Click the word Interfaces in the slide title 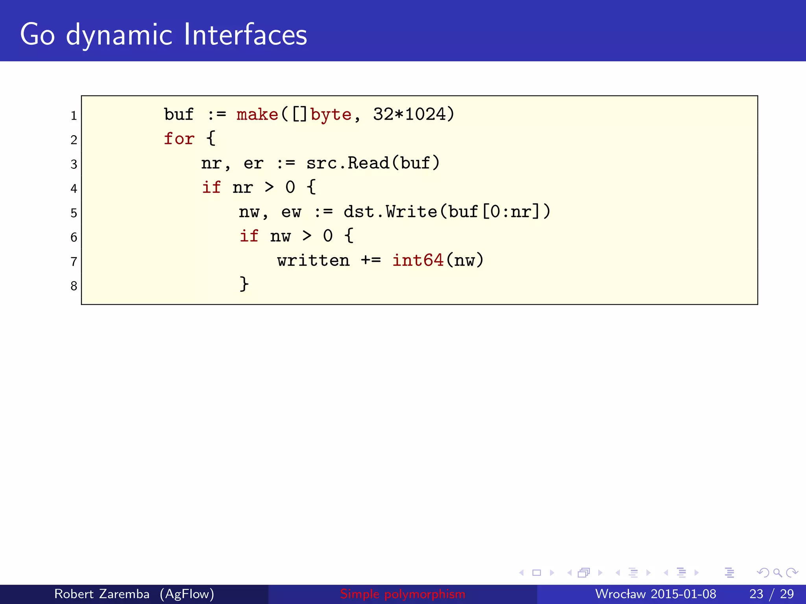pyautogui.click(x=246, y=35)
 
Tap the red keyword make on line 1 pyautogui.click(x=257, y=114)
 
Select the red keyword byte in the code pyautogui.click(x=331, y=114)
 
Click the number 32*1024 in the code pyautogui.click(x=409, y=114)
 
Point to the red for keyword pyautogui.click(x=179, y=139)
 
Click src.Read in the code pyautogui.click(x=348, y=163)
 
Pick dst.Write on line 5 pyautogui.click(x=390, y=212)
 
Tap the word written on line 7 pyautogui.click(x=313, y=260)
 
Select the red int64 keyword pyautogui.click(x=418, y=260)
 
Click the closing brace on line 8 pyautogui.click(x=244, y=284)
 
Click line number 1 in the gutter pyautogui.click(x=74, y=116)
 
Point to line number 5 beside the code pyautogui.click(x=74, y=213)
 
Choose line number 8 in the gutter pyautogui.click(x=74, y=286)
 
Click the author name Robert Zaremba pyautogui.click(x=102, y=594)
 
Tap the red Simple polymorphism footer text pyautogui.click(x=403, y=594)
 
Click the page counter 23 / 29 pyautogui.click(x=771, y=594)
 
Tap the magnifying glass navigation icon pyautogui.click(x=777, y=573)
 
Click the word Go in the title pyautogui.click(x=37, y=35)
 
